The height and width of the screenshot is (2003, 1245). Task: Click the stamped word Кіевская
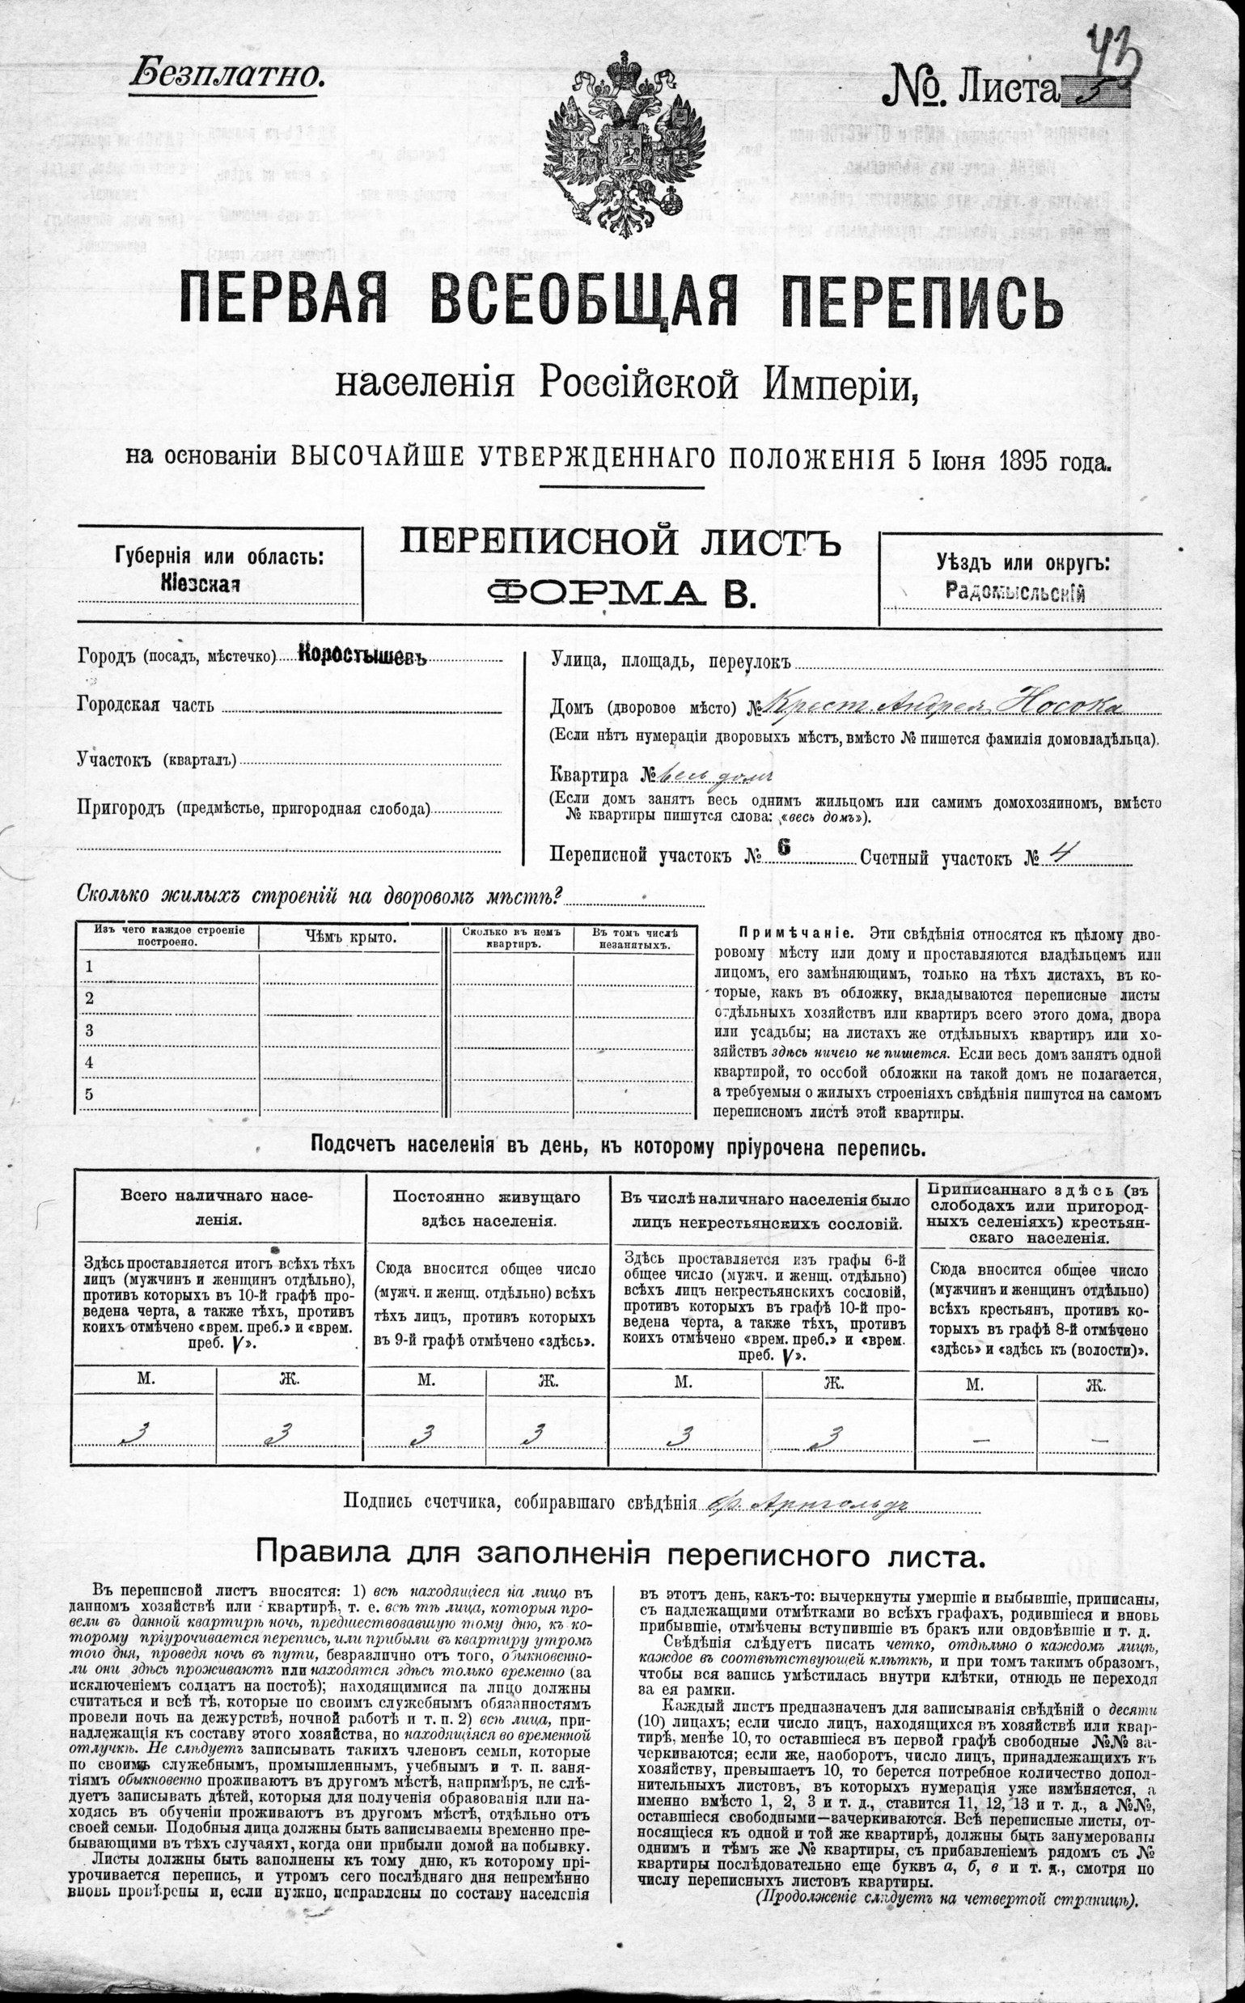[x=200, y=585]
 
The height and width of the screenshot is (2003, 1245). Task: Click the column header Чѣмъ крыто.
[x=350, y=936]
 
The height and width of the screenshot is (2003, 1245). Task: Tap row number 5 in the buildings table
[x=90, y=1094]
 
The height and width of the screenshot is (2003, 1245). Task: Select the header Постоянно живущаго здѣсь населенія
[x=487, y=1208]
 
